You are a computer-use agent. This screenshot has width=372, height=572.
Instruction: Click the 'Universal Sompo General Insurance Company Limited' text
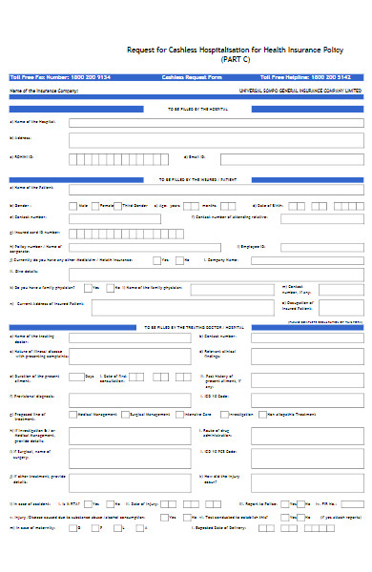pyautogui.click(x=300, y=91)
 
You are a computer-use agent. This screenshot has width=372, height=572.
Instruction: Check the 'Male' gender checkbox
pyautogui.click(x=72, y=204)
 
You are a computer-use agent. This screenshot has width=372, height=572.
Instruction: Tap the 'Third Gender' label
pyautogui.click(x=134, y=205)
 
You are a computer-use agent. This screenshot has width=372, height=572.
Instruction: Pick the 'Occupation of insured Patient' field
pyautogui.click(x=335, y=305)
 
